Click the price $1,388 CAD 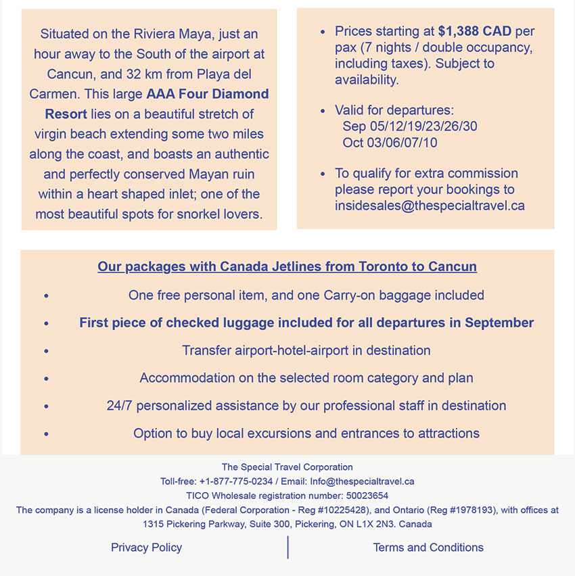pyautogui.click(x=474, y=31)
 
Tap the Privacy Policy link pyautogui.click(x=146, y=548)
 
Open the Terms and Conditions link pyautogui.click(x=428, y=548)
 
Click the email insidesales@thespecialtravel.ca pyautogui.click(x=430, y=206)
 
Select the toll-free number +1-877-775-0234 pyautogui.click(x=235, y=481)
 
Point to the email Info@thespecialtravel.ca pyautogui.click(x=362, y=481)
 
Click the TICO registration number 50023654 pyautogui.click(x=367, y=496)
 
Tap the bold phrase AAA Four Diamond pyautogui.click(x=208, y=94)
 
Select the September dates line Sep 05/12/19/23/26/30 pyautogui.click(x=410, y=126)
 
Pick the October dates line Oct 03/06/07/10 pyautogui.click(x=390, y=143)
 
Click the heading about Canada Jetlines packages pyautogui.click(x=287, y=266)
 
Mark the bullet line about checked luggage pyautogui.click(x=306, y=322)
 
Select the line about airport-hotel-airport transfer pyautogui.click(x=306, y=350)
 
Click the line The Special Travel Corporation pyautogui.click(x=287, y=467)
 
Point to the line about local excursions pyautogui.click(x=306, y=433)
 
